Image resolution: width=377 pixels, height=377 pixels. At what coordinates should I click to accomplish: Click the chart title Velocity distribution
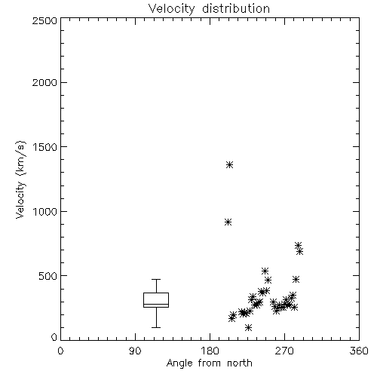pos(209,8)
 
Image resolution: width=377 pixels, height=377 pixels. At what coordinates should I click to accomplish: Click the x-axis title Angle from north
pos(209,363)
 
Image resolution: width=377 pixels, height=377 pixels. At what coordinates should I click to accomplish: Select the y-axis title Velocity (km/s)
pos(20,179)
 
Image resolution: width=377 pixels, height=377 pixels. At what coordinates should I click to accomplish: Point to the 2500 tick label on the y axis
pos(44,20)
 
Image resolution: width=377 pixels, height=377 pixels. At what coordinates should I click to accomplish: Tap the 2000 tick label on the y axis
pos(44,82)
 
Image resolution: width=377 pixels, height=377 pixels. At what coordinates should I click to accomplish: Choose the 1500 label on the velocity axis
pos(45,147)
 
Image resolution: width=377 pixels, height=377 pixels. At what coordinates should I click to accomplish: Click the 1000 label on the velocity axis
pos(45,212)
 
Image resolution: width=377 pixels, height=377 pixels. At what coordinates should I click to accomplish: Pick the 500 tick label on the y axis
pos(48,276)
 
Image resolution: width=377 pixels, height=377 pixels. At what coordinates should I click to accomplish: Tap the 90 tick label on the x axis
pos(135,351)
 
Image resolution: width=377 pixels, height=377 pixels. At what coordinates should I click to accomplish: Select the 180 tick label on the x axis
pos(210,351)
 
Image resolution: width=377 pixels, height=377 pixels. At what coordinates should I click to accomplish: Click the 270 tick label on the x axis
pos(284,351)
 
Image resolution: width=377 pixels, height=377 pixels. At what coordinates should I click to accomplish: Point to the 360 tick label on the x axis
pos(359,351)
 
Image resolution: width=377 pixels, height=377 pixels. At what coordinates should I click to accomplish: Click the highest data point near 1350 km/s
pos(229,165)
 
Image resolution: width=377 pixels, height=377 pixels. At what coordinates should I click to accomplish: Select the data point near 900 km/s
pos(228,222)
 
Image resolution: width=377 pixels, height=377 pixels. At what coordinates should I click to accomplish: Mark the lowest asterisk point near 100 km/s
pos(248,327)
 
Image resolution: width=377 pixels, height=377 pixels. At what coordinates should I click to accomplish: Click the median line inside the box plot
pos(156,304)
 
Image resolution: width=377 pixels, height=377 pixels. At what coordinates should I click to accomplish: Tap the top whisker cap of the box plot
pos(156,279)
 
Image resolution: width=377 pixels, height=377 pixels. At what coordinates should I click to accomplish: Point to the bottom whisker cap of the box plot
pos(156,327)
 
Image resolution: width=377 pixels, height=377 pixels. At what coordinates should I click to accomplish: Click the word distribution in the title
pos(236,8)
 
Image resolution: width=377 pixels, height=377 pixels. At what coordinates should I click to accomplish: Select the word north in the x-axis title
pos(240,363)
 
